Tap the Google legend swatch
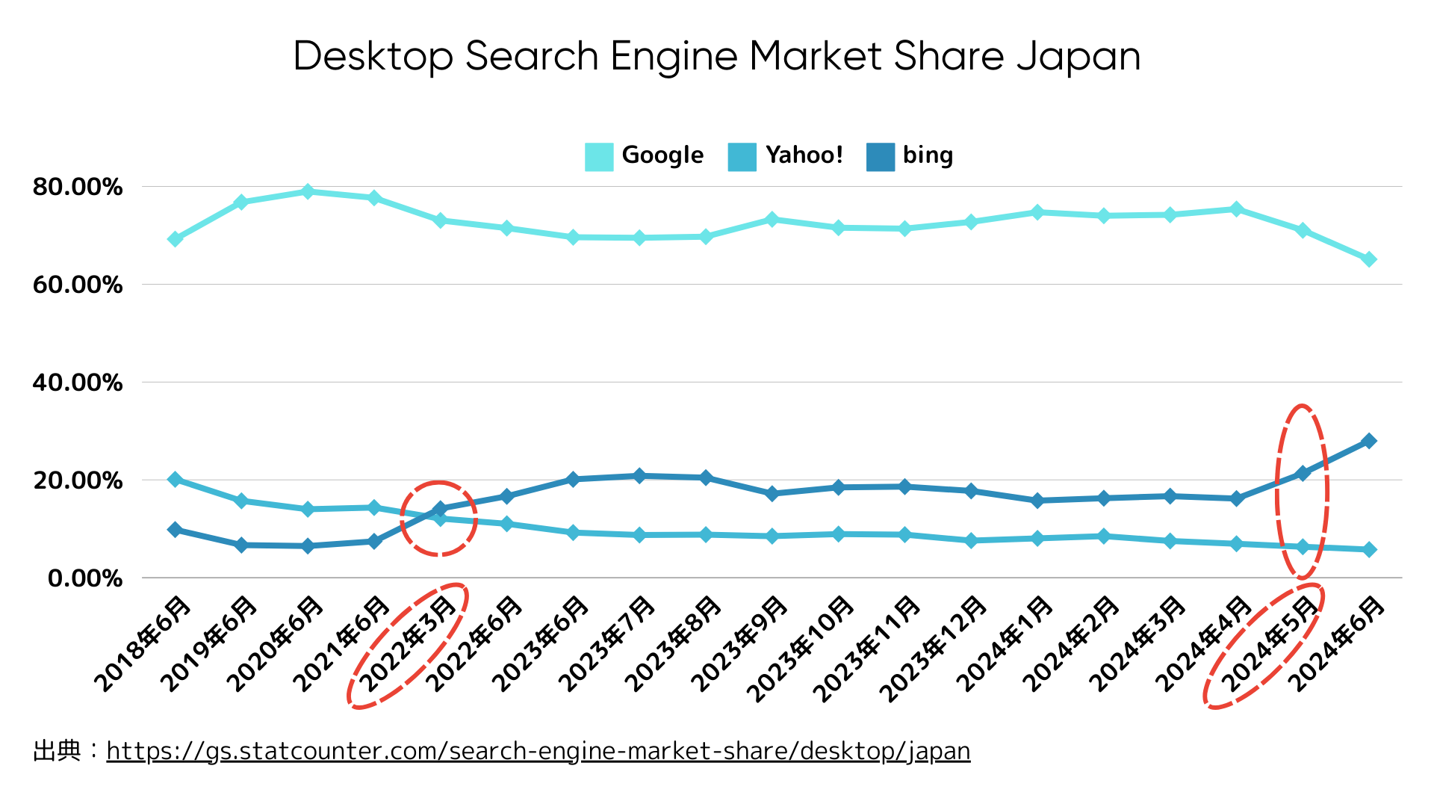pos(599,156)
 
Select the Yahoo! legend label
pos(804,155)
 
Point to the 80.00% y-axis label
pos(78,187)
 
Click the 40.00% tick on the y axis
pos(78,383)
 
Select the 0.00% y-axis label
pos(85,578)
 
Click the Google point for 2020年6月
pos(307,192)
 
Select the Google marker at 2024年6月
pos(1369,259)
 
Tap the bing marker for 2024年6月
pos(1369,441)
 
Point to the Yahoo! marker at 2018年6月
pos(175,479)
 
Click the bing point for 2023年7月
pos(639,476)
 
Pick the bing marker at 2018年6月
pos(175,529)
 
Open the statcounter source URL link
pos(538,751)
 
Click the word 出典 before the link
pos(57,751)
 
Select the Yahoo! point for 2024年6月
pos(1369,549)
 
